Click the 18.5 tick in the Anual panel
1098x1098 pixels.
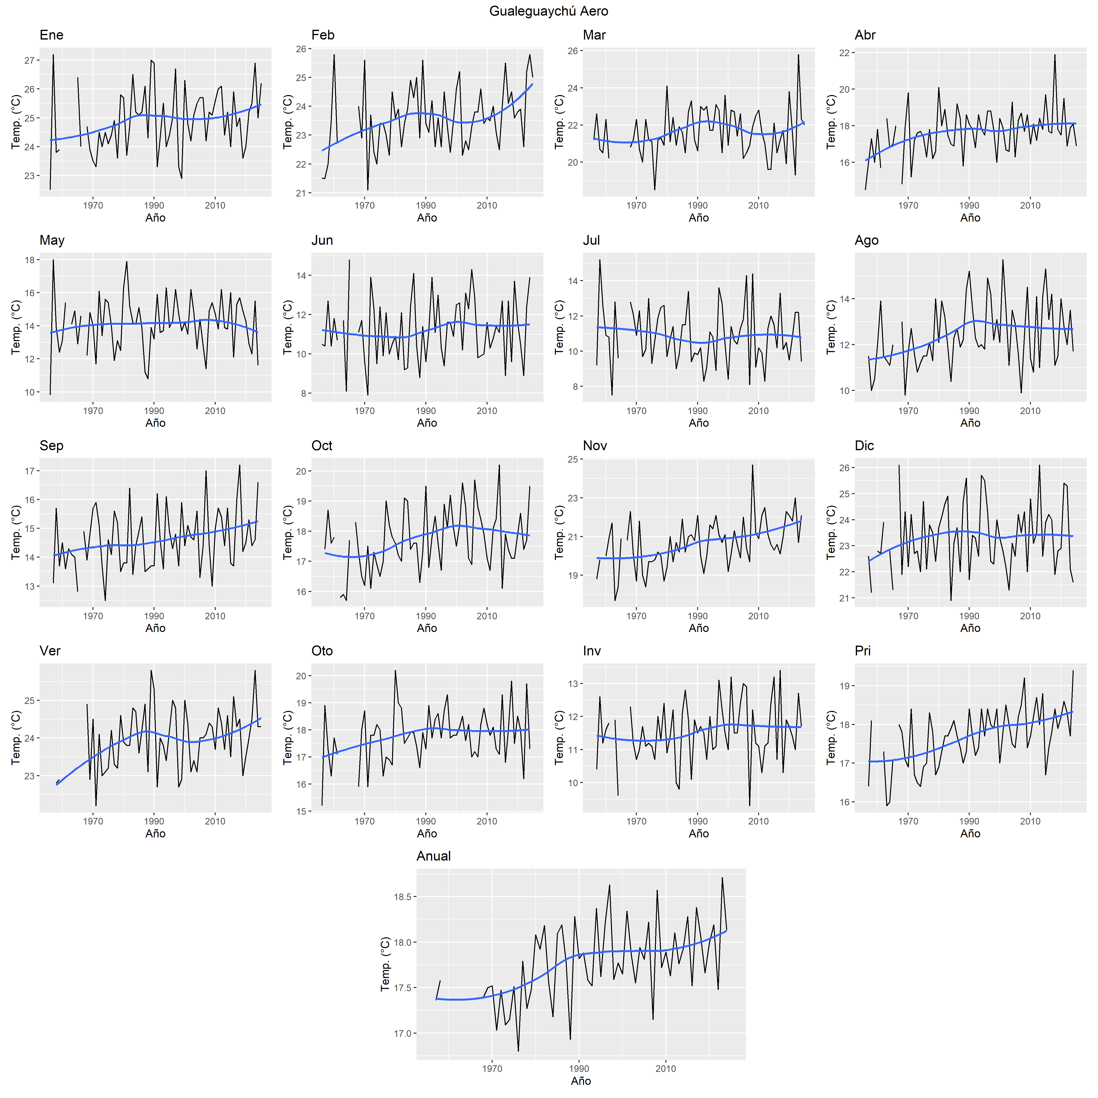coord(402,897)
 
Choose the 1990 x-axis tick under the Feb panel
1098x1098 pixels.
coord(426,206)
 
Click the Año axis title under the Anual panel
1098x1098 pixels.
coord(581,1081)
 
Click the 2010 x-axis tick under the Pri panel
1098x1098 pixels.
coord(1030,821)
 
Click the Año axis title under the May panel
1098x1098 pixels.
coord(155,423)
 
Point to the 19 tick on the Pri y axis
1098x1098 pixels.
coord(844,686)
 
